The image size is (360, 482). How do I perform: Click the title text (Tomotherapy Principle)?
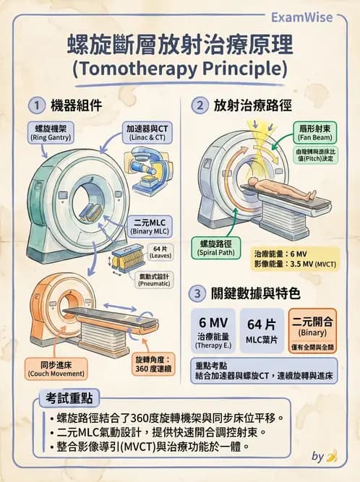tap(180, 69)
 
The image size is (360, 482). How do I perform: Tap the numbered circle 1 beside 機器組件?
tap(34, 106)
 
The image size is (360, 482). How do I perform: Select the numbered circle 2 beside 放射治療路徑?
tap(200, 106)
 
